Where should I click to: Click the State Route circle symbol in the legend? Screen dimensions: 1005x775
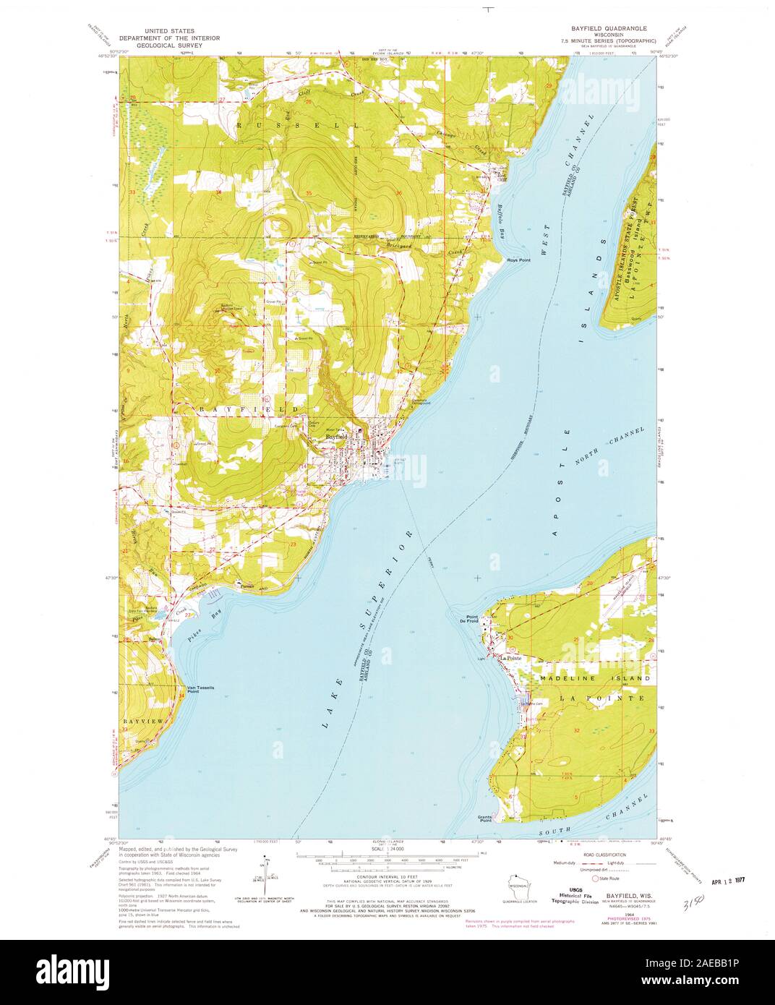[x=596, y=878]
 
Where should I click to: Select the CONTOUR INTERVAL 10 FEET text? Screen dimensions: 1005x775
[x=387, y=876]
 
